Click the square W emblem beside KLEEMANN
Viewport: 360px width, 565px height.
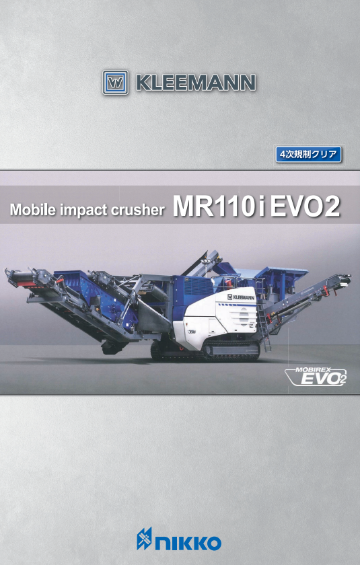coord(115,83)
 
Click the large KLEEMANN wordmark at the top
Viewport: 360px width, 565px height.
coord(196,83)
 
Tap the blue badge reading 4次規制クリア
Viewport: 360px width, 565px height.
coord(308,154)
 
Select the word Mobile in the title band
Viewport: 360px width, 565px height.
coord(33,209)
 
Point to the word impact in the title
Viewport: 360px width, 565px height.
coord(84,210)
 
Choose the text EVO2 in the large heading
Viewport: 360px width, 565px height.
coord(305,206)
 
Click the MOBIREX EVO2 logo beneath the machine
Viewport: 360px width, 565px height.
coord(316,377)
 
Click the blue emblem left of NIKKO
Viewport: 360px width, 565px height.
coord(144,539)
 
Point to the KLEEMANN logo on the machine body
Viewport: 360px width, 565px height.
coord(241,297)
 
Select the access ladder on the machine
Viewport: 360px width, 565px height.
coord(262,316)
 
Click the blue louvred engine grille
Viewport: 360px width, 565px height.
coord(198,287)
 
